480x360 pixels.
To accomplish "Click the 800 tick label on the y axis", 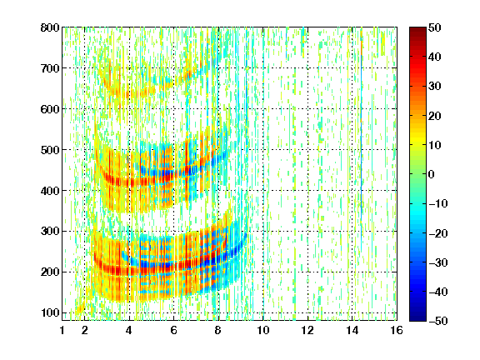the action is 50,27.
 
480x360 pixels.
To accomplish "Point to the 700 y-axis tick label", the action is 50,68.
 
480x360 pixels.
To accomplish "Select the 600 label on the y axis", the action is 50,109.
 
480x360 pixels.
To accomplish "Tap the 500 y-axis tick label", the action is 50,150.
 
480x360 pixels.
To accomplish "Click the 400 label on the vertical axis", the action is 50,191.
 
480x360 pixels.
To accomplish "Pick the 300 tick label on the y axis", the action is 50,231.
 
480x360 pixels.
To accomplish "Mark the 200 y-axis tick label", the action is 50,272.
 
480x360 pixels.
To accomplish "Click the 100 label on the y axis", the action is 50,312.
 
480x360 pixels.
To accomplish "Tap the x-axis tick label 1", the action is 62,330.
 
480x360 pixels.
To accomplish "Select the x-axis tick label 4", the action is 129,330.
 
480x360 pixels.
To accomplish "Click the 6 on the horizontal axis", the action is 173,330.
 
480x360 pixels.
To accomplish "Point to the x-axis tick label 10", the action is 263,330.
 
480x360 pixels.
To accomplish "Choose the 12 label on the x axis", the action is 307,330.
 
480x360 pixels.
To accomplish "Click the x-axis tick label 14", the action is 352,330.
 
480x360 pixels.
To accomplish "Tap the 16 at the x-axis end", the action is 397,330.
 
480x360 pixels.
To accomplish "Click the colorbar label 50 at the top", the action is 435,27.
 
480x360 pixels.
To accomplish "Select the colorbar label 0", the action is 432,174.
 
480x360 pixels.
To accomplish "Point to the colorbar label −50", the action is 437,321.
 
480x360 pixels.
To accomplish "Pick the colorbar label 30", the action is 435,87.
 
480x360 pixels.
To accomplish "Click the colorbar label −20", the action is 437,233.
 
